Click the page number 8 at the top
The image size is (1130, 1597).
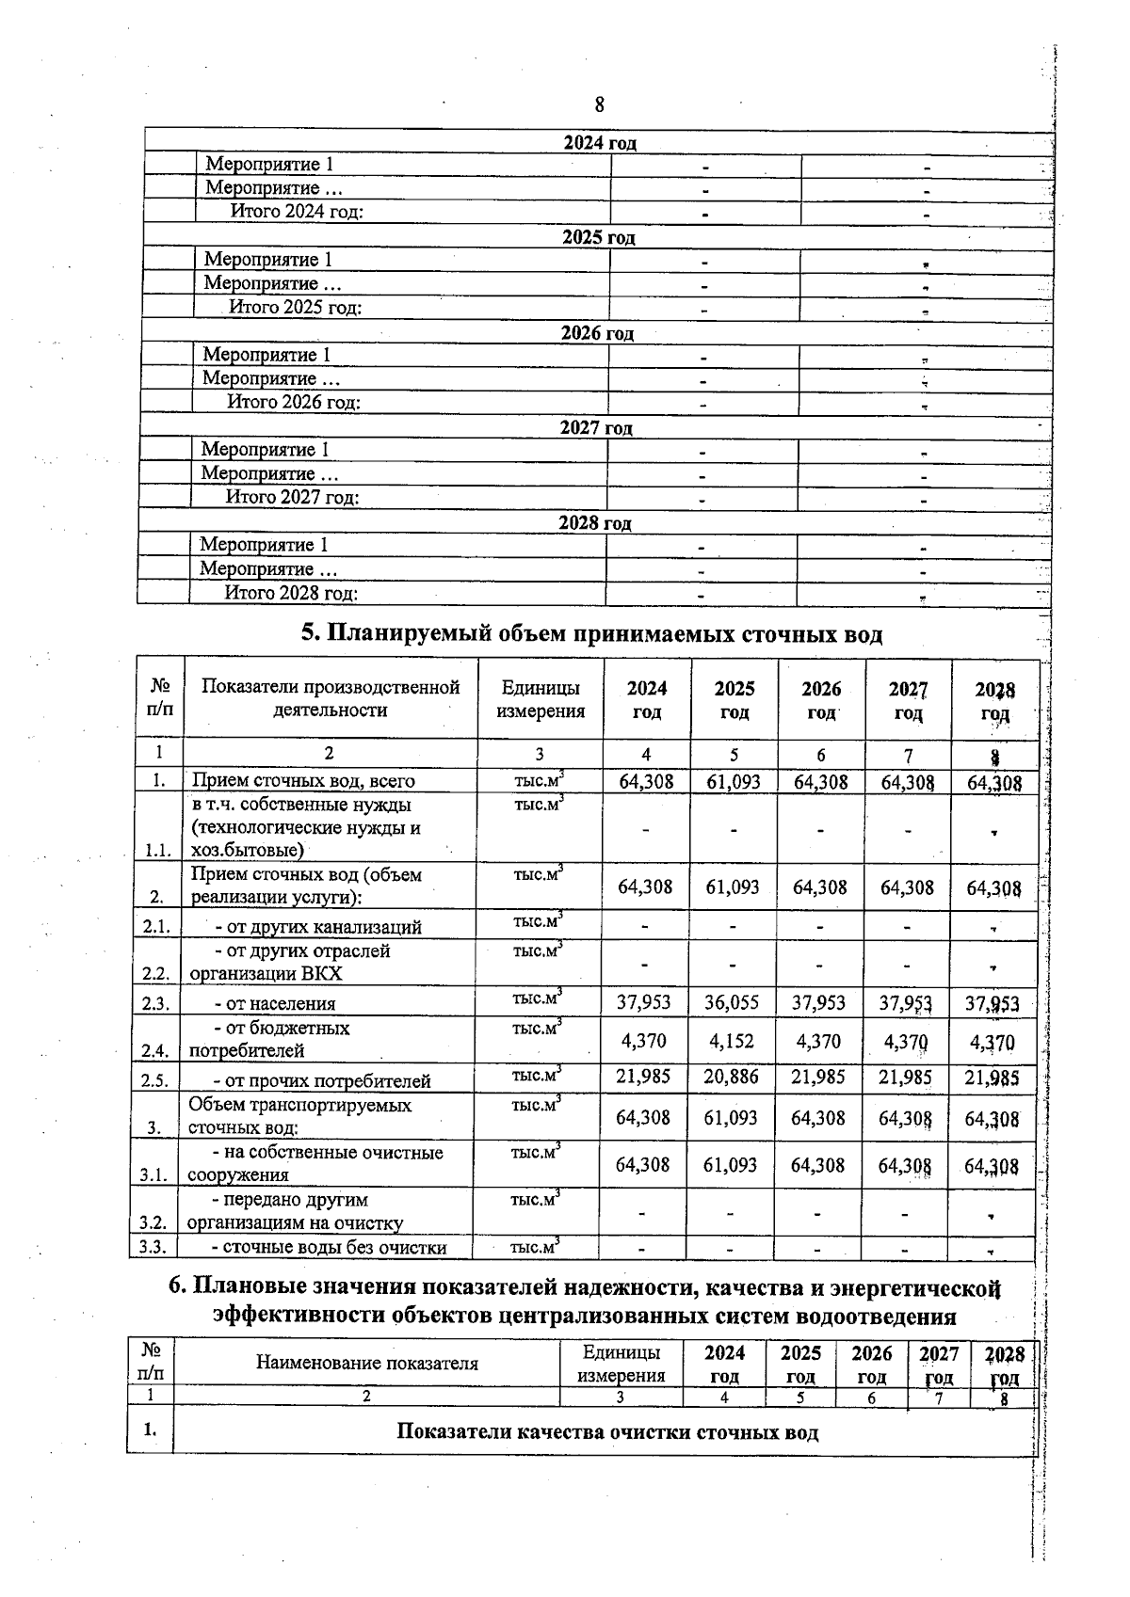tap(599, 104)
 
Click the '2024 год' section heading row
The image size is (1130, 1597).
tap(599, 143)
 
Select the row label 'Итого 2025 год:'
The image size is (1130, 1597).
tap(296, 307)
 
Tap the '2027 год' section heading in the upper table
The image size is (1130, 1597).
tap(596, 428)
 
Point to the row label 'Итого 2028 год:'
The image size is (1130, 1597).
tap(291, 593)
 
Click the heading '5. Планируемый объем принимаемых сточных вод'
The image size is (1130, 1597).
tap(591, 634)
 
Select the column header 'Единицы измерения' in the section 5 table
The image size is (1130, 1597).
tap(540, 699)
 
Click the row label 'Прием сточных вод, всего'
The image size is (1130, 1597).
tap(303, 781)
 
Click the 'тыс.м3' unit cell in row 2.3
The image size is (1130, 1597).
tap(538, 999)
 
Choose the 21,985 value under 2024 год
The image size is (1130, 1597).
tap(643, 1078)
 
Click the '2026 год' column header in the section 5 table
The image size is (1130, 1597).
tap(821, 700)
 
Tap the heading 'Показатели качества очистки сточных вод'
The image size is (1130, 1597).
tap(607, 1432)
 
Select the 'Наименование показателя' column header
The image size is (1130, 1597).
tap(367, 1363)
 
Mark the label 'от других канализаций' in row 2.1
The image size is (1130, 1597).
tap(318, 927)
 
